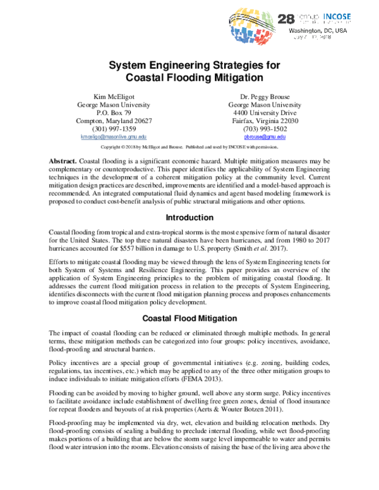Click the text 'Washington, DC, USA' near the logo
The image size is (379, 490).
click(318, 30)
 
